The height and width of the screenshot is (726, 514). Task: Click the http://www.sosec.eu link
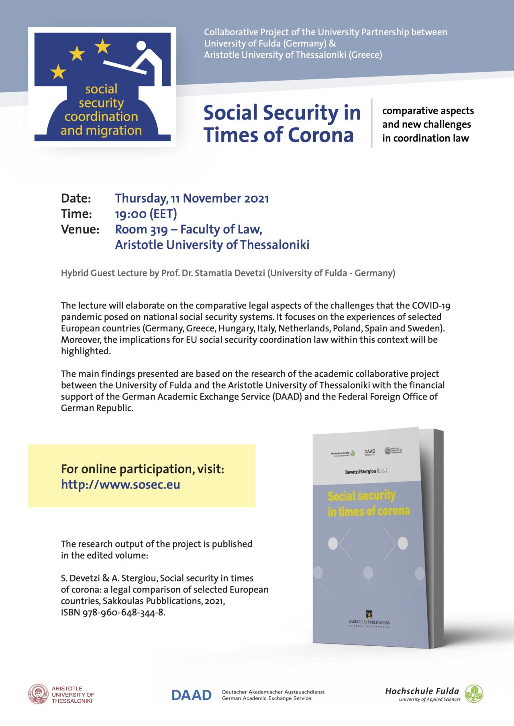120,485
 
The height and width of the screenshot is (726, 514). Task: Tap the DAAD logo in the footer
192,695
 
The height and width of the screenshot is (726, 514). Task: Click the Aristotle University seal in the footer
38,694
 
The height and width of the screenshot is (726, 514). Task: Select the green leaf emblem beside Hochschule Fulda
474,694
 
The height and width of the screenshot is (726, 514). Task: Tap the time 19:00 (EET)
146,214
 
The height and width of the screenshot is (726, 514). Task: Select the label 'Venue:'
80,229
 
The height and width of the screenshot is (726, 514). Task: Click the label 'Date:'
76,198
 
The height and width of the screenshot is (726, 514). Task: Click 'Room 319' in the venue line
141,229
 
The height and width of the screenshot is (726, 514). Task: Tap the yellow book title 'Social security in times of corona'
368,503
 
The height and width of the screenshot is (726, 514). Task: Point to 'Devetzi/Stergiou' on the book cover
360,472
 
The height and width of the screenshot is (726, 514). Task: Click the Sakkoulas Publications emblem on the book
369,614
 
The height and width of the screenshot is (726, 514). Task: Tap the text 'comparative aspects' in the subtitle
428,111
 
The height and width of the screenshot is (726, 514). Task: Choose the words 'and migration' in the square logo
101,130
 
